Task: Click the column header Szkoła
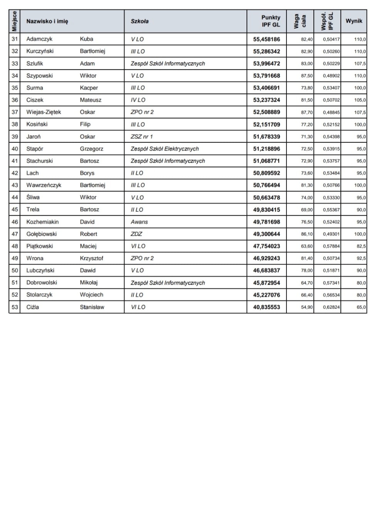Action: point(139,21)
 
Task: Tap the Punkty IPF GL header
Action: point(271,21)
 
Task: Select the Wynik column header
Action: point(354,21)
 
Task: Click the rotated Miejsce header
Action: point(14,21)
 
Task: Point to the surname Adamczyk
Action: point(39,39)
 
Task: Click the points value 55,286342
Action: point(266,51)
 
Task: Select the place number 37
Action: point(15,112)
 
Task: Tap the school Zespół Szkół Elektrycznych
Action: point(164,149)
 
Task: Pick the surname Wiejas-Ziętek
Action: point(44,112)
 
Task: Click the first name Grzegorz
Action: point(91,149)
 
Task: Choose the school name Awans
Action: point(139,222)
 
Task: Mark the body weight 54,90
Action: point(307,307)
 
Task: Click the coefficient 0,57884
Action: point(331,246)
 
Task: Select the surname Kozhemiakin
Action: point(42,222)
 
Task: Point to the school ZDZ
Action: point(136,234)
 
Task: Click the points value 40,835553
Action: point(266,307)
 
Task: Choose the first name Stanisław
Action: point(92,307)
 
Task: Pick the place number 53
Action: point(15,307)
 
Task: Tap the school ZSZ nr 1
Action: point(142,136)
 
